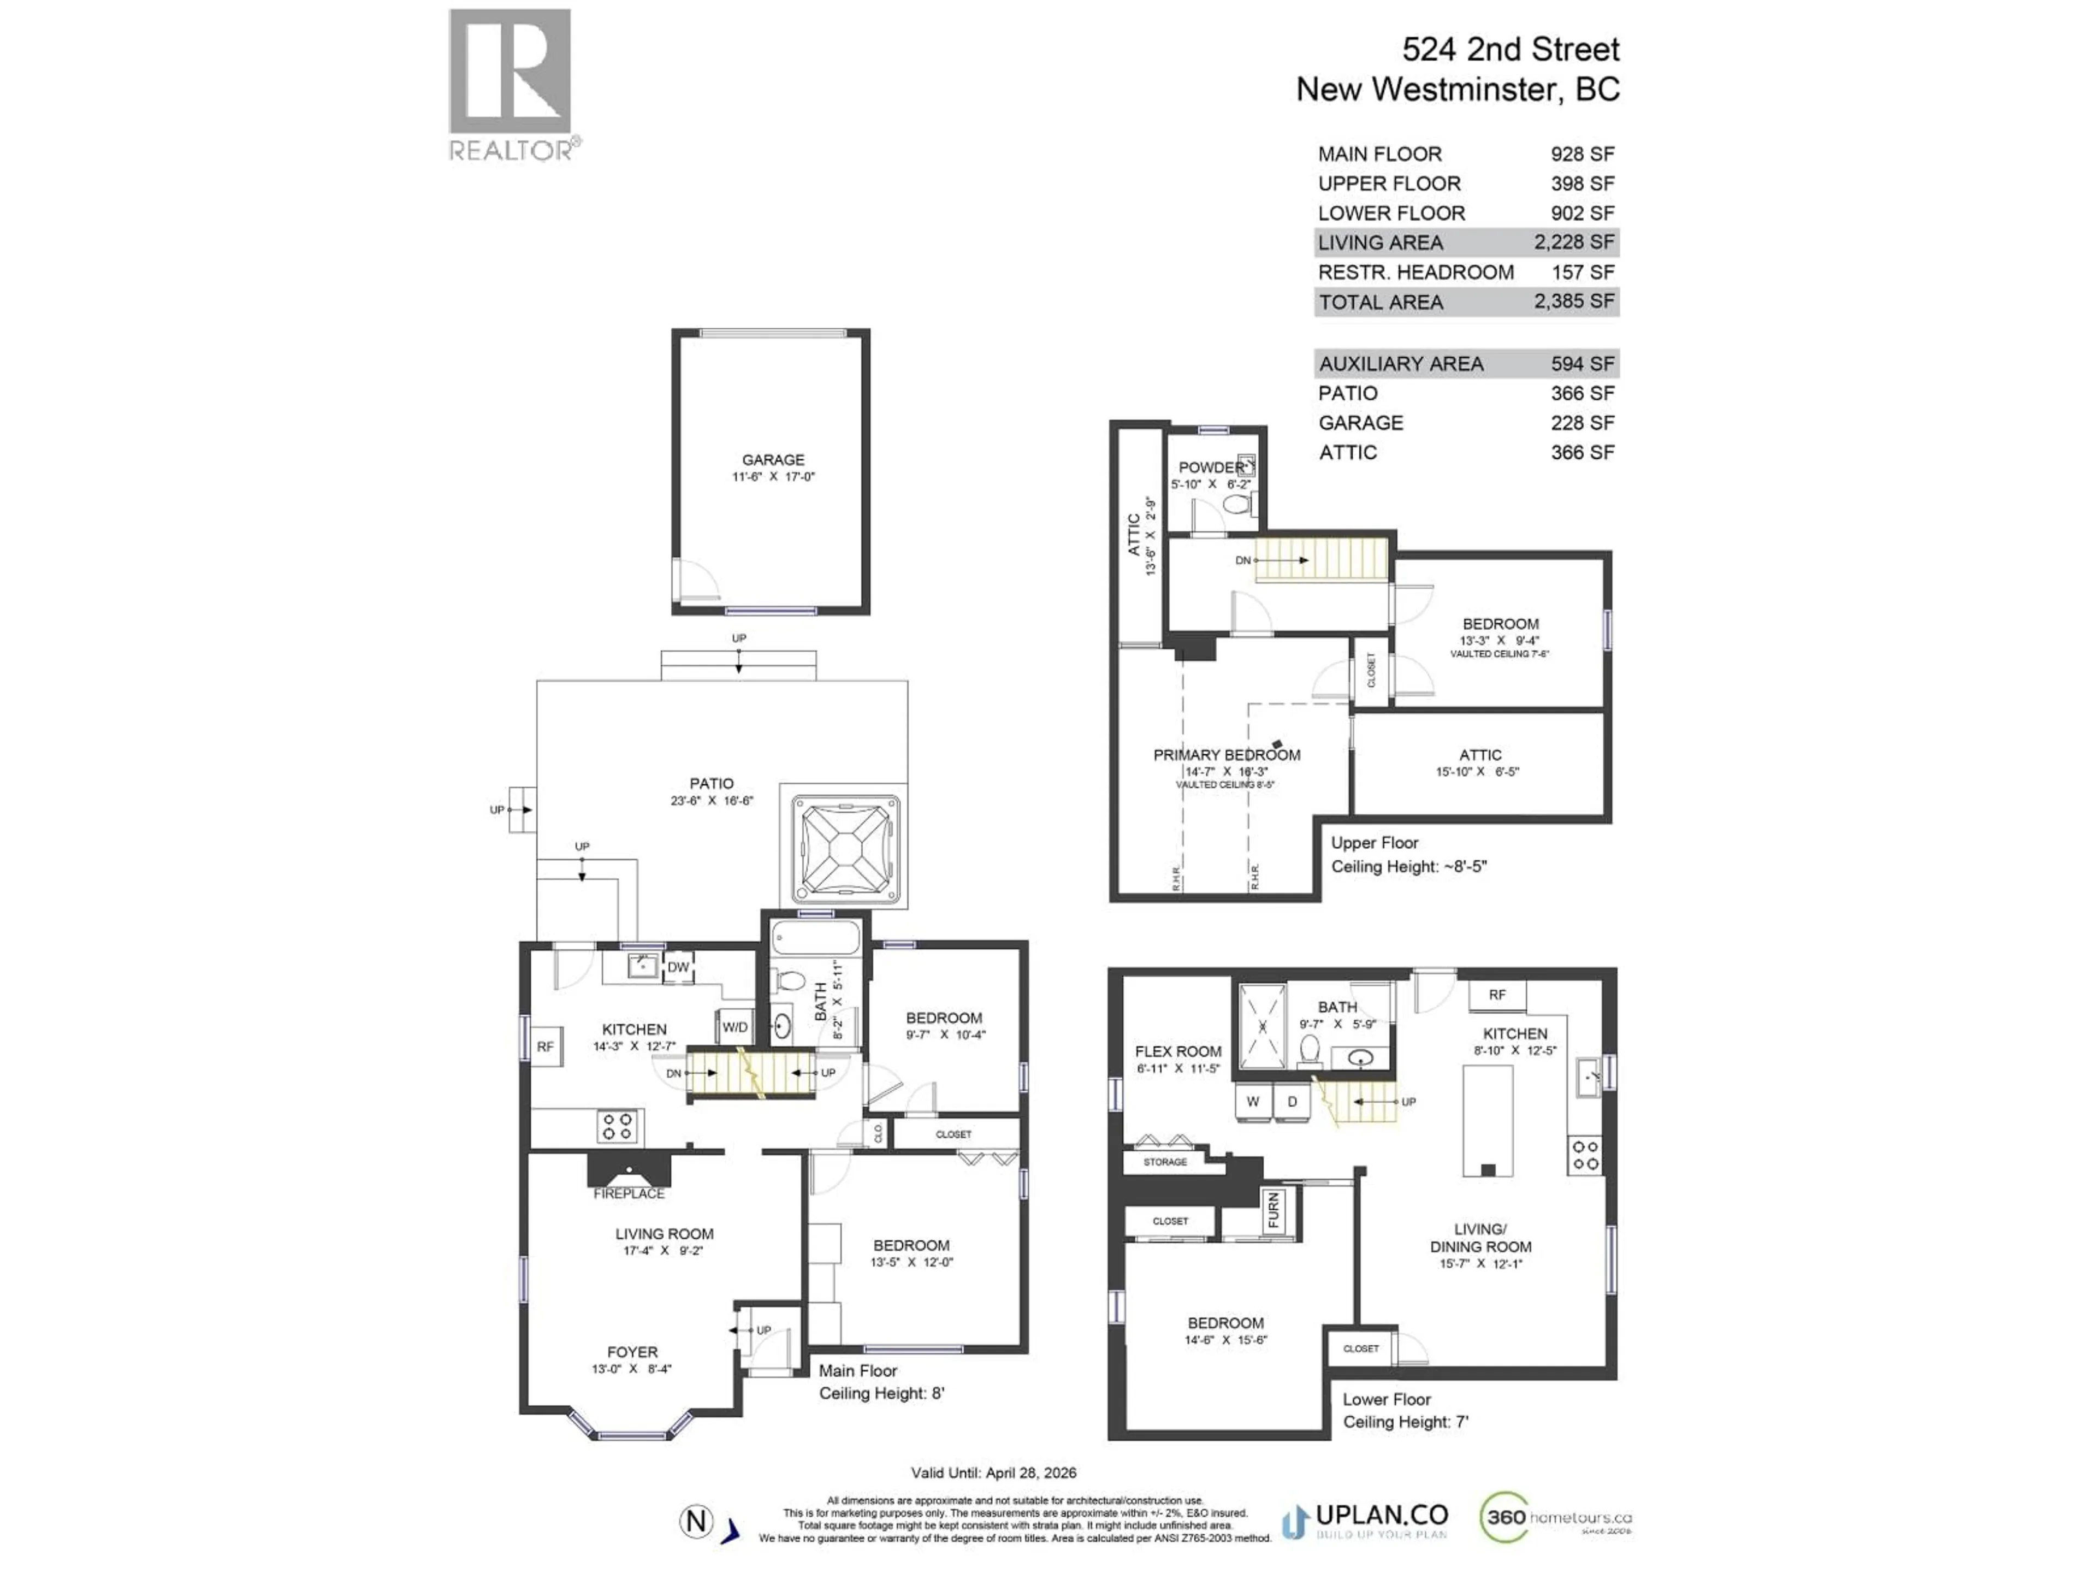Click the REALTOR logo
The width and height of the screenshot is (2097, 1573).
[510, 84]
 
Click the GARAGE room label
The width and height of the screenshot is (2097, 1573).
[773, 460]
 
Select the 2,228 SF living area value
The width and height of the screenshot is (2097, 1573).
[1574, 243]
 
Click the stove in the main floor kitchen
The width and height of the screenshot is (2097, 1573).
[617, 1126]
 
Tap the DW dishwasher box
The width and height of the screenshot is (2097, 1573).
[678, 967]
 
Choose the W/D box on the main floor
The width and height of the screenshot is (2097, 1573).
[734, 1027]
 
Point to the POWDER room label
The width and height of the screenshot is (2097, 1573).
[1211, 468]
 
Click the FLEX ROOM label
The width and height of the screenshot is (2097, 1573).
[1177, 1051]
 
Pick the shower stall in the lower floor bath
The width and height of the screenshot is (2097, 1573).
[1263, 1026]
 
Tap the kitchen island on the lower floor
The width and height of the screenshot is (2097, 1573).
[1488, 1119]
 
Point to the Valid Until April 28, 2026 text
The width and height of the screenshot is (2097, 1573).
[993, 1473]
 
